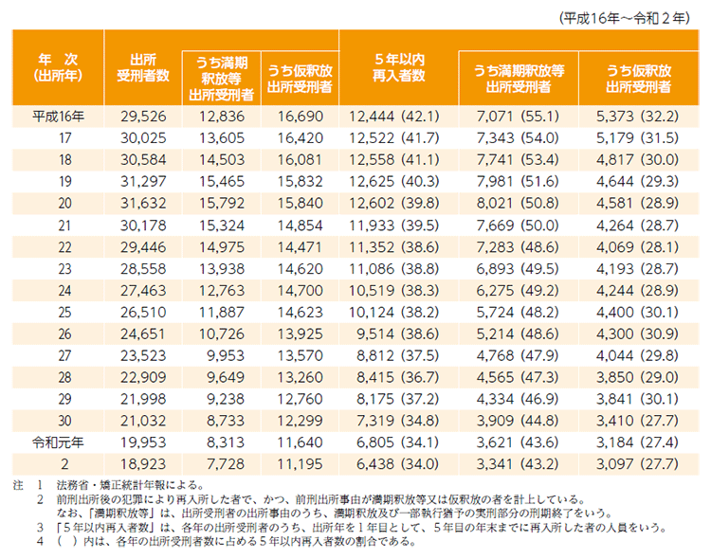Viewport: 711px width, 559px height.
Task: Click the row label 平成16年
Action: pyautogui.click(x=58, y=117)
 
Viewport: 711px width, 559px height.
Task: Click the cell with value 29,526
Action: pyautogui.click(x=142, y=117)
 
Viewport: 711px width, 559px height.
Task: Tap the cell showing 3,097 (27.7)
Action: pyautogui.click(x=635, y=464)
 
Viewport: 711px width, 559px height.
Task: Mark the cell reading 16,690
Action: pyautogui.click(x=298, y=117)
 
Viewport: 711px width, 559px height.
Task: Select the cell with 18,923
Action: pyautogui.click(x=142, y=464)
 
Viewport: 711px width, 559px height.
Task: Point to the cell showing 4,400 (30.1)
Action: pyautogui.click(x=635, y=313)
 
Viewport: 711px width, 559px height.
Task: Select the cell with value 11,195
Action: pyautogui.click(x=298, y=464)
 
